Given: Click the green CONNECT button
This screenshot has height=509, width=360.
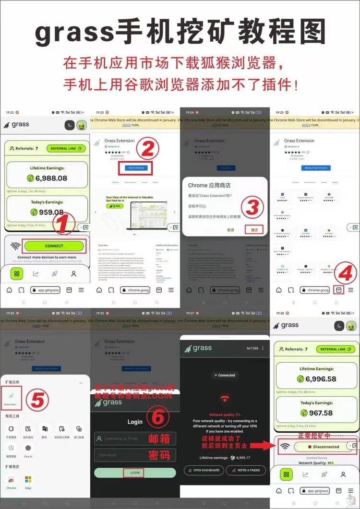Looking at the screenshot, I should pos(54,246).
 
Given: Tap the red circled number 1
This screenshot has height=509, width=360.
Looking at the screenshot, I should pos(65,223).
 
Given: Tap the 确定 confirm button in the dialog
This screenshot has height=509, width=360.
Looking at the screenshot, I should pos(254,230).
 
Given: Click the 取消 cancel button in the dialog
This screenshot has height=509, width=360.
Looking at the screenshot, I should pos(231,230).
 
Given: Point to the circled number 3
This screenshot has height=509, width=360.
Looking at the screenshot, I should pos(252,207).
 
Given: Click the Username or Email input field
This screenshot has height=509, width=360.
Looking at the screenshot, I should pos(135,438).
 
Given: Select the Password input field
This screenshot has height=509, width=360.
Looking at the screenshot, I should pos(135,455).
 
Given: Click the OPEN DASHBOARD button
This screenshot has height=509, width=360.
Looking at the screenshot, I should pos(204,470).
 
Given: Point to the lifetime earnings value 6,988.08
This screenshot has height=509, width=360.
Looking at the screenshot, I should pos(51,178).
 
